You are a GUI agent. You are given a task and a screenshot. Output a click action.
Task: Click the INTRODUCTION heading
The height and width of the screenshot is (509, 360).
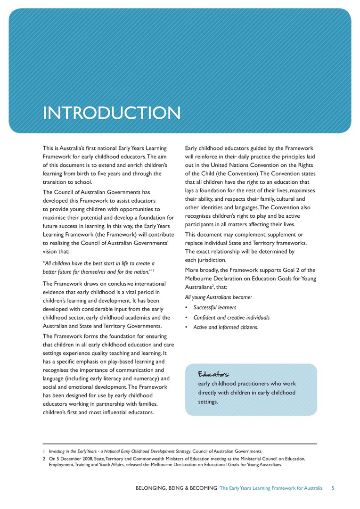(x=111, y=113)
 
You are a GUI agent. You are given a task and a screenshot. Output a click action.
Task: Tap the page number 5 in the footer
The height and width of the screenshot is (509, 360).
(x=333, y=488)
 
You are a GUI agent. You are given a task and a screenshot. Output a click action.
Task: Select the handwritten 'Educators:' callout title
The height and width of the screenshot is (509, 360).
(x=213, y=374)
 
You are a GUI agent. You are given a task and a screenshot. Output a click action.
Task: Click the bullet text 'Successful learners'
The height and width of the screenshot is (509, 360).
(x=215, y=308)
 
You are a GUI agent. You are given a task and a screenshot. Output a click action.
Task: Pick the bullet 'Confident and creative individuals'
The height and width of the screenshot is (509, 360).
(x=231, y=318)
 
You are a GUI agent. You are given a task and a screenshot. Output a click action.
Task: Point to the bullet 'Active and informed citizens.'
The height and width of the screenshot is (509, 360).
(x=226, y=328)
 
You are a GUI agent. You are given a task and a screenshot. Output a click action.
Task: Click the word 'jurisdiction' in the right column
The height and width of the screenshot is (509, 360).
(x=212, y=260)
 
